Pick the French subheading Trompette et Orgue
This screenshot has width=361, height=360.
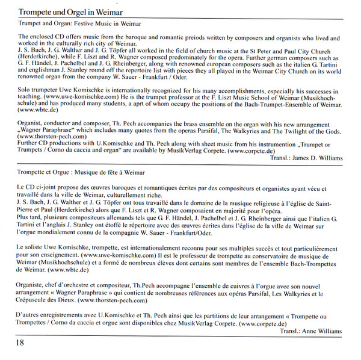pos(40,171)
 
